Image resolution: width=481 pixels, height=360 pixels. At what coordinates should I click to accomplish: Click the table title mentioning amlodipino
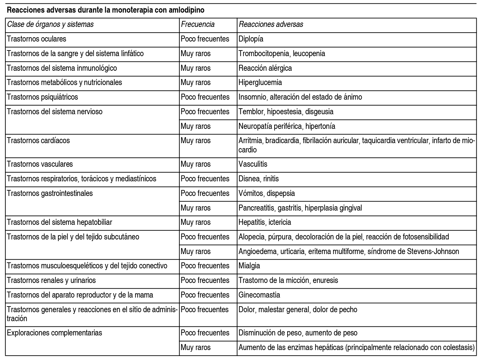pyautogui.click(x=105, y=10)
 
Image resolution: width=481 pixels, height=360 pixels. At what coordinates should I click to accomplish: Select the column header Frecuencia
pyautogui.click(x=197, y=24)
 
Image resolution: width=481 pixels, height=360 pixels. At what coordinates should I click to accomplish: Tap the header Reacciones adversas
pyautogui.click(x=271, y=24)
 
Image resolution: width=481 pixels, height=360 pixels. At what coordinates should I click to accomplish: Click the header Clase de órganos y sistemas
pyautogui.click(x=50, y=24)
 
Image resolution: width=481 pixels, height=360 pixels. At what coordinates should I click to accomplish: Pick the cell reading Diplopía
pyautogui.click(x=251, y=39)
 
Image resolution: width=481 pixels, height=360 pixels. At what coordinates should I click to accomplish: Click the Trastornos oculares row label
pyautogui.click(x=37, y=39)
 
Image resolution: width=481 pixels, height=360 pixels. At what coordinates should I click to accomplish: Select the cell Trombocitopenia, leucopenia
pyautogui.click(x=282, y=53)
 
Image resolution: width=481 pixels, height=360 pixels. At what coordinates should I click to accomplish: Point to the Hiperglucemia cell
pyautogui.click(x=260, y=82)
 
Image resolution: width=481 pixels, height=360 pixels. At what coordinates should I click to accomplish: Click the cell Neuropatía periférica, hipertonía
pyautogui.click(x=287, y=126)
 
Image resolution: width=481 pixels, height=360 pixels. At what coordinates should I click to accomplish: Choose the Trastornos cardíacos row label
pyautogui.click(x=38, y=140)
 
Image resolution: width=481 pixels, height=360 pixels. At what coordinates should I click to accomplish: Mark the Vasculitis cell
pyautogui.click(x=253, y=164)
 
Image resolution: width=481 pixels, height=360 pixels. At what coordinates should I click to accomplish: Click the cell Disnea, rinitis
pyautogui.click(x=259, y=179)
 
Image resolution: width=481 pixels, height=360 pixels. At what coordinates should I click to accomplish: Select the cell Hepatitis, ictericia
pyautogui.click(x=265, y=222)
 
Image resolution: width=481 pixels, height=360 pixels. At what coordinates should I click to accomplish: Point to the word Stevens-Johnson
pyautogui.click(x=433, y=251)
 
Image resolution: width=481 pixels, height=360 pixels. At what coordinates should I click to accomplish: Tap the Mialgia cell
pyautogui.click(x=249, y=266)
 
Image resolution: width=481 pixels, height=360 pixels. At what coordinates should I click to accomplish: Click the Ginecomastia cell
pyautogui.click(x=259, y=295)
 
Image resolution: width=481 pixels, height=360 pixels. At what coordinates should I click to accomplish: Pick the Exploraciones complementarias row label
pyautogui.click(x=55, y=333)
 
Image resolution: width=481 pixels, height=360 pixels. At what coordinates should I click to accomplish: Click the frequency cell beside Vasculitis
pyautogui.click(x=195, y=164)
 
